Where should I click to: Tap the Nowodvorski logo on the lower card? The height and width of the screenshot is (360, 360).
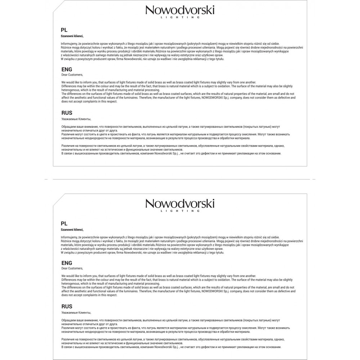180,204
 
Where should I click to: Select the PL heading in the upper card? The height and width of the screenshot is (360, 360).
64,30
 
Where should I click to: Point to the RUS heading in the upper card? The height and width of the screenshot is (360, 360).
67,113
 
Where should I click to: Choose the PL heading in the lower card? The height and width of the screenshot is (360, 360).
64,224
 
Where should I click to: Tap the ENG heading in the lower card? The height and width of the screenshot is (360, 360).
67,263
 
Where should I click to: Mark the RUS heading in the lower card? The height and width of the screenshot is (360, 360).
67,306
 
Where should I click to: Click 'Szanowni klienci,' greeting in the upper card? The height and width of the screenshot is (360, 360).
72,36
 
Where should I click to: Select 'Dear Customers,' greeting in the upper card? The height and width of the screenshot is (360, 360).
72,75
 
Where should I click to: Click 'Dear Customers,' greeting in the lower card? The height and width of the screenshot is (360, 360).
72,268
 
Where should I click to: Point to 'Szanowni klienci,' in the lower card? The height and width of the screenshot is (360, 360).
72,229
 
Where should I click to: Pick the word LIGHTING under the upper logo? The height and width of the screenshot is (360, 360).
180,17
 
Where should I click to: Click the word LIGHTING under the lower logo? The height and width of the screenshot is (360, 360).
180,211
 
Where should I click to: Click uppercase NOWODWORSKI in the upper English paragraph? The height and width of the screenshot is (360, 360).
212,98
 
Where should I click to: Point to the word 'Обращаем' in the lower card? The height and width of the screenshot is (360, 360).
68,320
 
